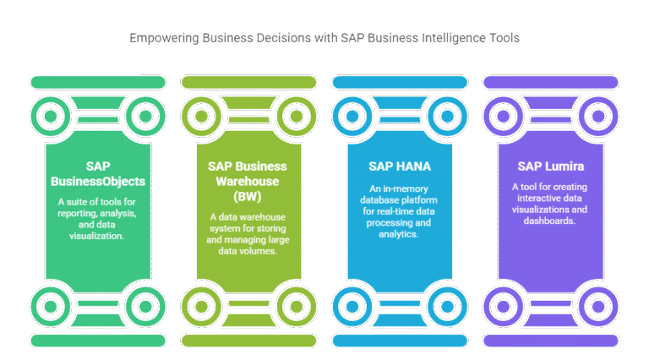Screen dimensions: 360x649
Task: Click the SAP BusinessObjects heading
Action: click(97, 172)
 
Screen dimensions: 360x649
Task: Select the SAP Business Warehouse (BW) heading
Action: click(248, 180)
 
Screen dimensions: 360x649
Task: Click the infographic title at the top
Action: click(324, 39)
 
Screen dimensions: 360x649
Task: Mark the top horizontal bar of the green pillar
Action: click(97, 82)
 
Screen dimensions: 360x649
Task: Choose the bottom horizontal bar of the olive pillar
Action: click(248, 340)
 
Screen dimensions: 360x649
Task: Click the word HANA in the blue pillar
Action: click(410, 165)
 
